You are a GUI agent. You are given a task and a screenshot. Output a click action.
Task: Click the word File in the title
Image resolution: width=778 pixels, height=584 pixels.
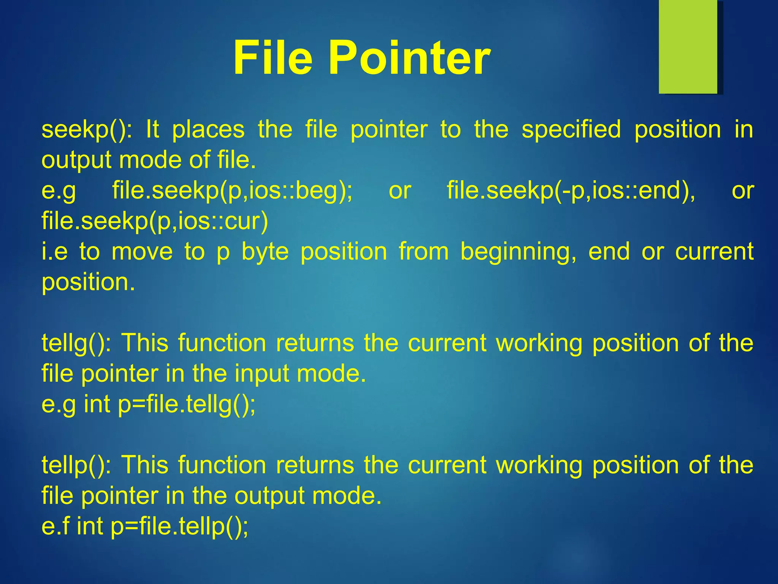pyautogui.click(x=273, y=58)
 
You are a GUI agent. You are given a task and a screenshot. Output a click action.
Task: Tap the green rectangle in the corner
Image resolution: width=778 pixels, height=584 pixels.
pyautogui.click(x=688, y=47)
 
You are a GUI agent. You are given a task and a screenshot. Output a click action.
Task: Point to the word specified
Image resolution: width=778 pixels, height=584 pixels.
pyautogui.click(x=571, y=130)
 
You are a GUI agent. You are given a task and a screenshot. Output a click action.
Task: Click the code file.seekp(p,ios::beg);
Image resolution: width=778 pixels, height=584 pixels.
pyautogui.click(x=232, y=191)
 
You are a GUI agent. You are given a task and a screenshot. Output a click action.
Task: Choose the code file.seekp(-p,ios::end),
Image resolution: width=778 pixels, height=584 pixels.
pyautogui.click(x=571, y=191)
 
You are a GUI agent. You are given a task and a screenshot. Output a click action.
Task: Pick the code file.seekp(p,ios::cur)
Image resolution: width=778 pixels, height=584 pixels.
pyautogui.click(x=155, y=221)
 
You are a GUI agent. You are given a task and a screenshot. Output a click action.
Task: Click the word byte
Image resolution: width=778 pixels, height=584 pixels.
pyautogui.click(x=265, y=252)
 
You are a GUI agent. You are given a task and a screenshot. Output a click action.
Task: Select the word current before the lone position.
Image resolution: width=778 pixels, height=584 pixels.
pyautogui.click(x=714, y=252)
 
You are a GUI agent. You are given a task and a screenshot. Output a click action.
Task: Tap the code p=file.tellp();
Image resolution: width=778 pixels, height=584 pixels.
pyautogui.click(x=180, y=527)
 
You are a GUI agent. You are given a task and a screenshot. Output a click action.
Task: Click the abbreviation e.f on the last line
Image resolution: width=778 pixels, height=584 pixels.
pyautogui.click(x=55, y=527)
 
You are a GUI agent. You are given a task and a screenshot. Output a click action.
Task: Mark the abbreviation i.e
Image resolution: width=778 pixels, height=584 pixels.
pyautogui.click(x=54, y=252)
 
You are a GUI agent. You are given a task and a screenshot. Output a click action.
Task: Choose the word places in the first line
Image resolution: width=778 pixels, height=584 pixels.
pyautogui.click(x=208, y=130)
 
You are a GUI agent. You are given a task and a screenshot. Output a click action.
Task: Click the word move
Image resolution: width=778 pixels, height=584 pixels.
pyautogui.click(x=142, y=252)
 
